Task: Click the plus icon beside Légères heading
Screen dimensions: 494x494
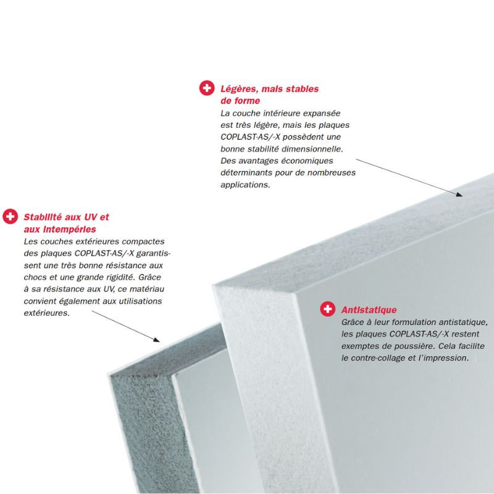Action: (207, 88)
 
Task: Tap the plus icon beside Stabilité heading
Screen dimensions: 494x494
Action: (10, 216)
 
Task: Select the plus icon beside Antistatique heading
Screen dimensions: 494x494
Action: (328, 309)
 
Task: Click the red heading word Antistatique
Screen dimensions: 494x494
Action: (369, 310)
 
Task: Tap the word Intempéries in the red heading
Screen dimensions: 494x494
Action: (69, 229)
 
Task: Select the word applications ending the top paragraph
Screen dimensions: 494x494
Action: (245, 185)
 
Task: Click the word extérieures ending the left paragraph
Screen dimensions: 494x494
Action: (47, 313)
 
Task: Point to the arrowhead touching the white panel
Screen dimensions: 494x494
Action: (459, 194)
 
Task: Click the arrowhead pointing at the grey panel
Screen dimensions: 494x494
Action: (157, 339)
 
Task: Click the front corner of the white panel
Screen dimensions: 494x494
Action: (296, 294)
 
